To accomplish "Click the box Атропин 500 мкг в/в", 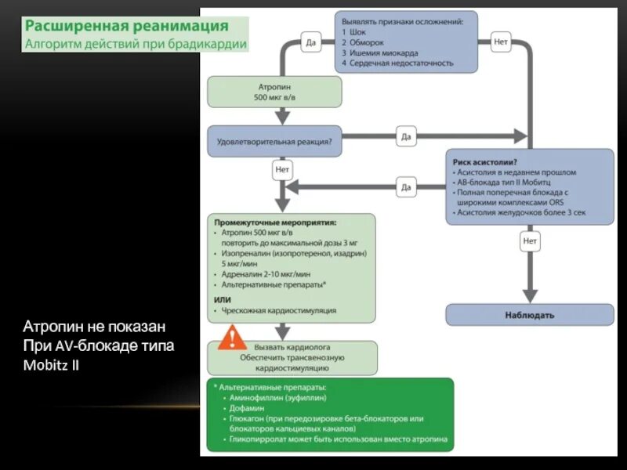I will point(274,92).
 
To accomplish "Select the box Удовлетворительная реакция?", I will point(274,142).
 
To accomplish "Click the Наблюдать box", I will point(530,315).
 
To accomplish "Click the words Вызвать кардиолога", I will point(292,345).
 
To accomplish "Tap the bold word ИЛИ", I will point(222,298).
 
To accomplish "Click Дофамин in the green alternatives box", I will point(248,408).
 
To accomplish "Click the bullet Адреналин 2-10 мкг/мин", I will point(266,275).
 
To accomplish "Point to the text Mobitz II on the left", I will point(51,366).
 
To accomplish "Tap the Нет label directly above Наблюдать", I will point(531,242).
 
